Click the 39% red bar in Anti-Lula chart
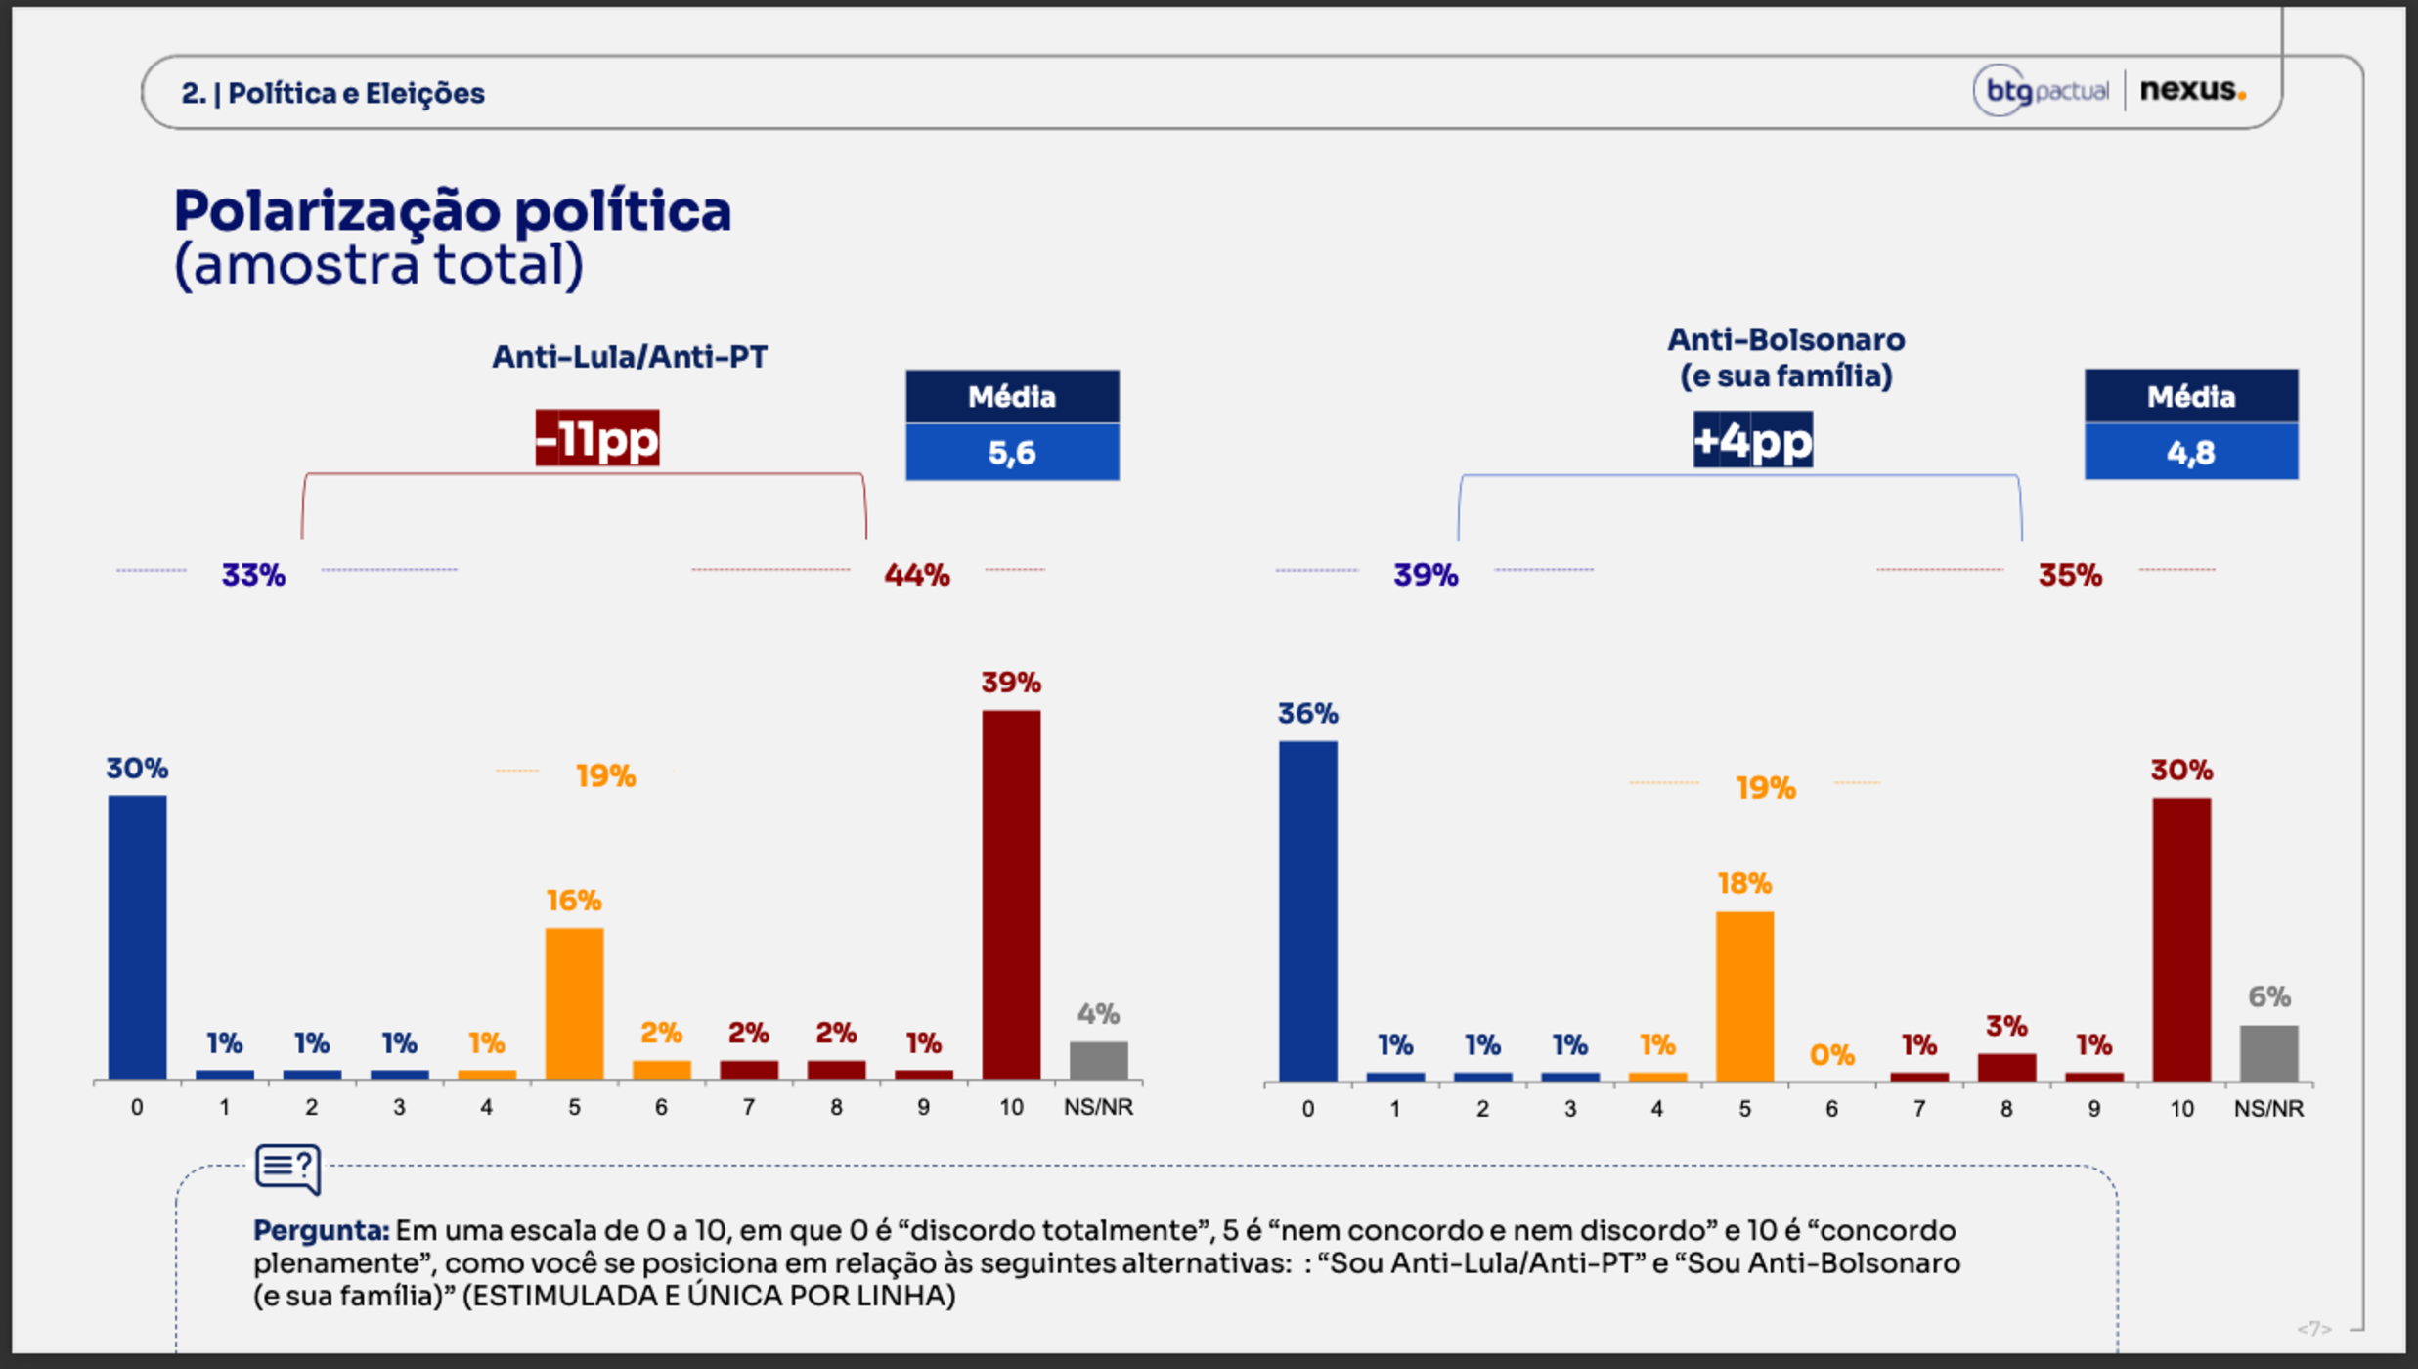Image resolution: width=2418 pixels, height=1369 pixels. click(x=1011, y=894)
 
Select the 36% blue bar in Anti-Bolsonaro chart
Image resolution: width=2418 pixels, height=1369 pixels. click(x=1307, y=910)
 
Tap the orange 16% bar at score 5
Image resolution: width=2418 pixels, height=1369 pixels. click(x=574, y=1003)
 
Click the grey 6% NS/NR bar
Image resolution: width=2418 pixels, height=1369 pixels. click(x=2268, y=1053)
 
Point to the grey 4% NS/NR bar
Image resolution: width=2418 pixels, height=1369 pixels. click(x=1098, y=1060)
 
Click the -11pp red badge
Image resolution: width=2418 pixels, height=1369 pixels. click(x=597, y=438)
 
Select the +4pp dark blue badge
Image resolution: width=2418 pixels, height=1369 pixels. click(x=1752, y=440)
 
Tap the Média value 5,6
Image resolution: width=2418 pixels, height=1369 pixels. click(x=1012, y=452)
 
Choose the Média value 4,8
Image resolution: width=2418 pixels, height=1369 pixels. click(x=2190, y=452)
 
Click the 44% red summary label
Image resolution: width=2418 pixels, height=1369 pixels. click(x=916, y=575)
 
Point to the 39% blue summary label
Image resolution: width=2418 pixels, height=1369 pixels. click(x=1425, y=575)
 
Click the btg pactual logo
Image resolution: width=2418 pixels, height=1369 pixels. click(x=2042, y=91)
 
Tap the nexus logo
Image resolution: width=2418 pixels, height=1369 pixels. click(x=2192, y=90)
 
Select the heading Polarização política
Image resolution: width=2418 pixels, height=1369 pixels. click(x=452, y=211)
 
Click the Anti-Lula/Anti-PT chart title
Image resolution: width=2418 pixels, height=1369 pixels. click(x=629, y=357)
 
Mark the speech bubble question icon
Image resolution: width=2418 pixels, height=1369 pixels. click(x=287, y=1169)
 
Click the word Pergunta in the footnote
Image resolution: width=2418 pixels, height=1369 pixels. click(x=321, y=1230)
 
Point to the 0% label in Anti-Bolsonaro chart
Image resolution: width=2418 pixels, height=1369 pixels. click(x=1831, y=1055)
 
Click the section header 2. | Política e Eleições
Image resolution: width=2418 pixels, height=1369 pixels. click(x=332, y=93)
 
